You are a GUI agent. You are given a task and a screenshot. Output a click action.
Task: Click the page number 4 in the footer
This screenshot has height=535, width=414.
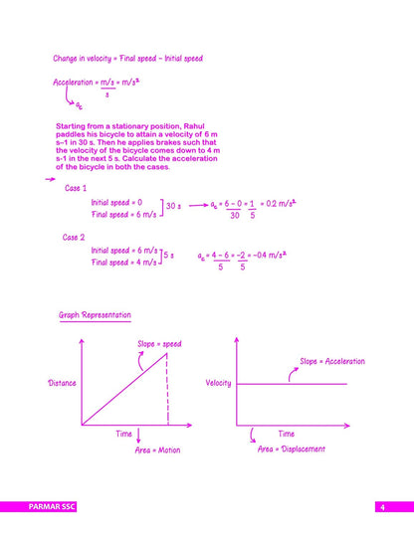381,507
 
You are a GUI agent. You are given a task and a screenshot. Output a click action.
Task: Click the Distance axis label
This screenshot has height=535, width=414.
62,383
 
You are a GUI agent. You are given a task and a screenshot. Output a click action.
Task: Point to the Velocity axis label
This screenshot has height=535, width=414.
218,383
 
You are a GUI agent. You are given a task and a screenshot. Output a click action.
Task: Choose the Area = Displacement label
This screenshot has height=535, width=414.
293,449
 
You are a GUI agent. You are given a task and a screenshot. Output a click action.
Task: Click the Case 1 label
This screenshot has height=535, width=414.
76,188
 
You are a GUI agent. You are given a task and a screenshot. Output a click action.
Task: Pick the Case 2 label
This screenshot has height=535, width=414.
75,238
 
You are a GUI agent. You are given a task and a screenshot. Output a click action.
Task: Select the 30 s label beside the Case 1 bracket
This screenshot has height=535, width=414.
172,206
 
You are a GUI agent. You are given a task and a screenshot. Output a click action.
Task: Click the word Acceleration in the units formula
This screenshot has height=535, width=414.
75,82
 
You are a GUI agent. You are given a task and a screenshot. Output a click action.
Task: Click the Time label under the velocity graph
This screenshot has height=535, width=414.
286,434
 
